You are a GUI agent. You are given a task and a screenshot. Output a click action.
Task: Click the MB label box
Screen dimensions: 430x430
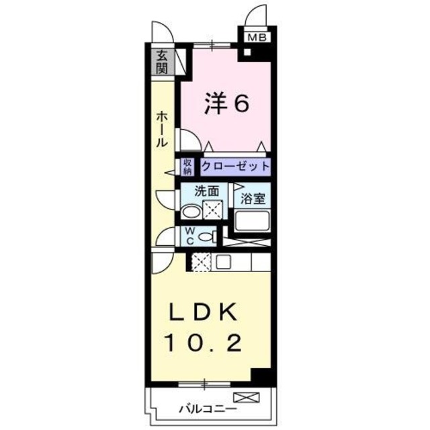(257, 38)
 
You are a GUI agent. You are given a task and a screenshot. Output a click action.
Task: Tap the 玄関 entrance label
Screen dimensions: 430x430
(163, 63)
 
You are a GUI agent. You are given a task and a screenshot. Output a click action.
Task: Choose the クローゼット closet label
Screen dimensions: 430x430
(235, 165)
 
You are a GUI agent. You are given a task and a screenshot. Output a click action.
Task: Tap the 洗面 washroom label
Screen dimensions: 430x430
(206, 191)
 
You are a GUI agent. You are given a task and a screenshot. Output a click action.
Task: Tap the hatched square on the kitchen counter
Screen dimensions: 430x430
(202, 261)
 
